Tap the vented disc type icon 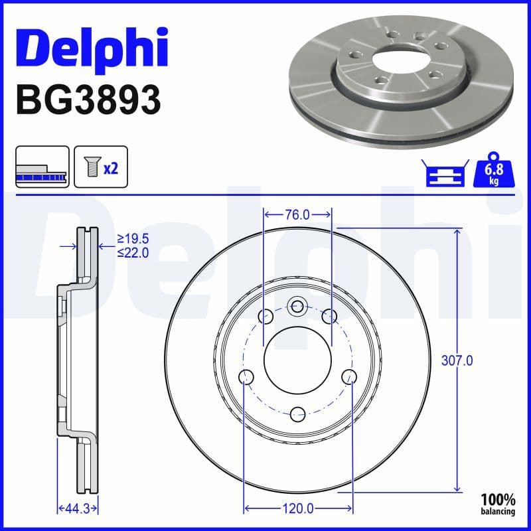click(x=41, y=168)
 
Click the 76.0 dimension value click(x=297, y=214)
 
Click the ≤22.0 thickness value click(x=133, y=252)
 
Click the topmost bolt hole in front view click(x=297, y=306)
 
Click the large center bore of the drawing click(x=297, y=359)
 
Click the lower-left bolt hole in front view click(x=246, y=378)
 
